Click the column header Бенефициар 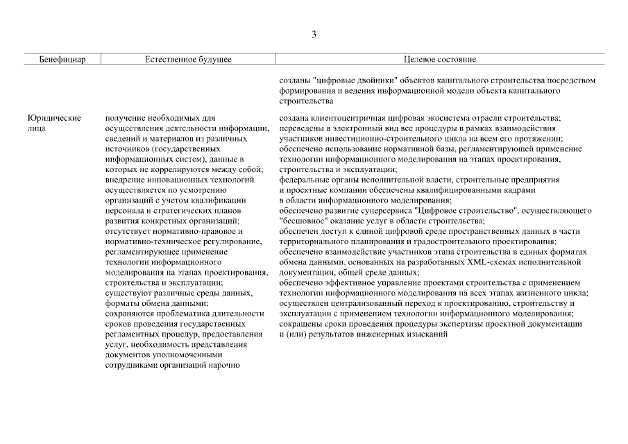tap(62, 60)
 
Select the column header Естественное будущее tap(188, 60)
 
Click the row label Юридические tap(54, 119)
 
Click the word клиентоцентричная tap(344, 119)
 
